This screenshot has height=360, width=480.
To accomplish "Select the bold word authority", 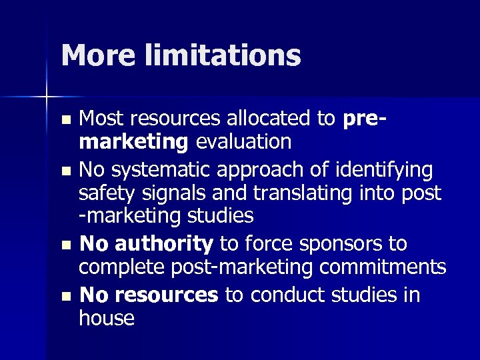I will [x=164, y=244].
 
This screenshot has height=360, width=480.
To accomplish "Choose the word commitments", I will [x=383, y=267].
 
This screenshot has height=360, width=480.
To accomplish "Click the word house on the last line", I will [x=107, y=318].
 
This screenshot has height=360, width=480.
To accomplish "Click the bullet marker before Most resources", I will [x=65, y=121].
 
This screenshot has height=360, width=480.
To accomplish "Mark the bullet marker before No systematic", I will [x=65, y=171].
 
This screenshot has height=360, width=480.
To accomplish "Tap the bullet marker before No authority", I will [x=65, y=245].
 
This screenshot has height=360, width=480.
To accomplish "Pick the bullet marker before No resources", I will [x=65, y=296].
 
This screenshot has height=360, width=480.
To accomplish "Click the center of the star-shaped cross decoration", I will [x=47, y=97].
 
